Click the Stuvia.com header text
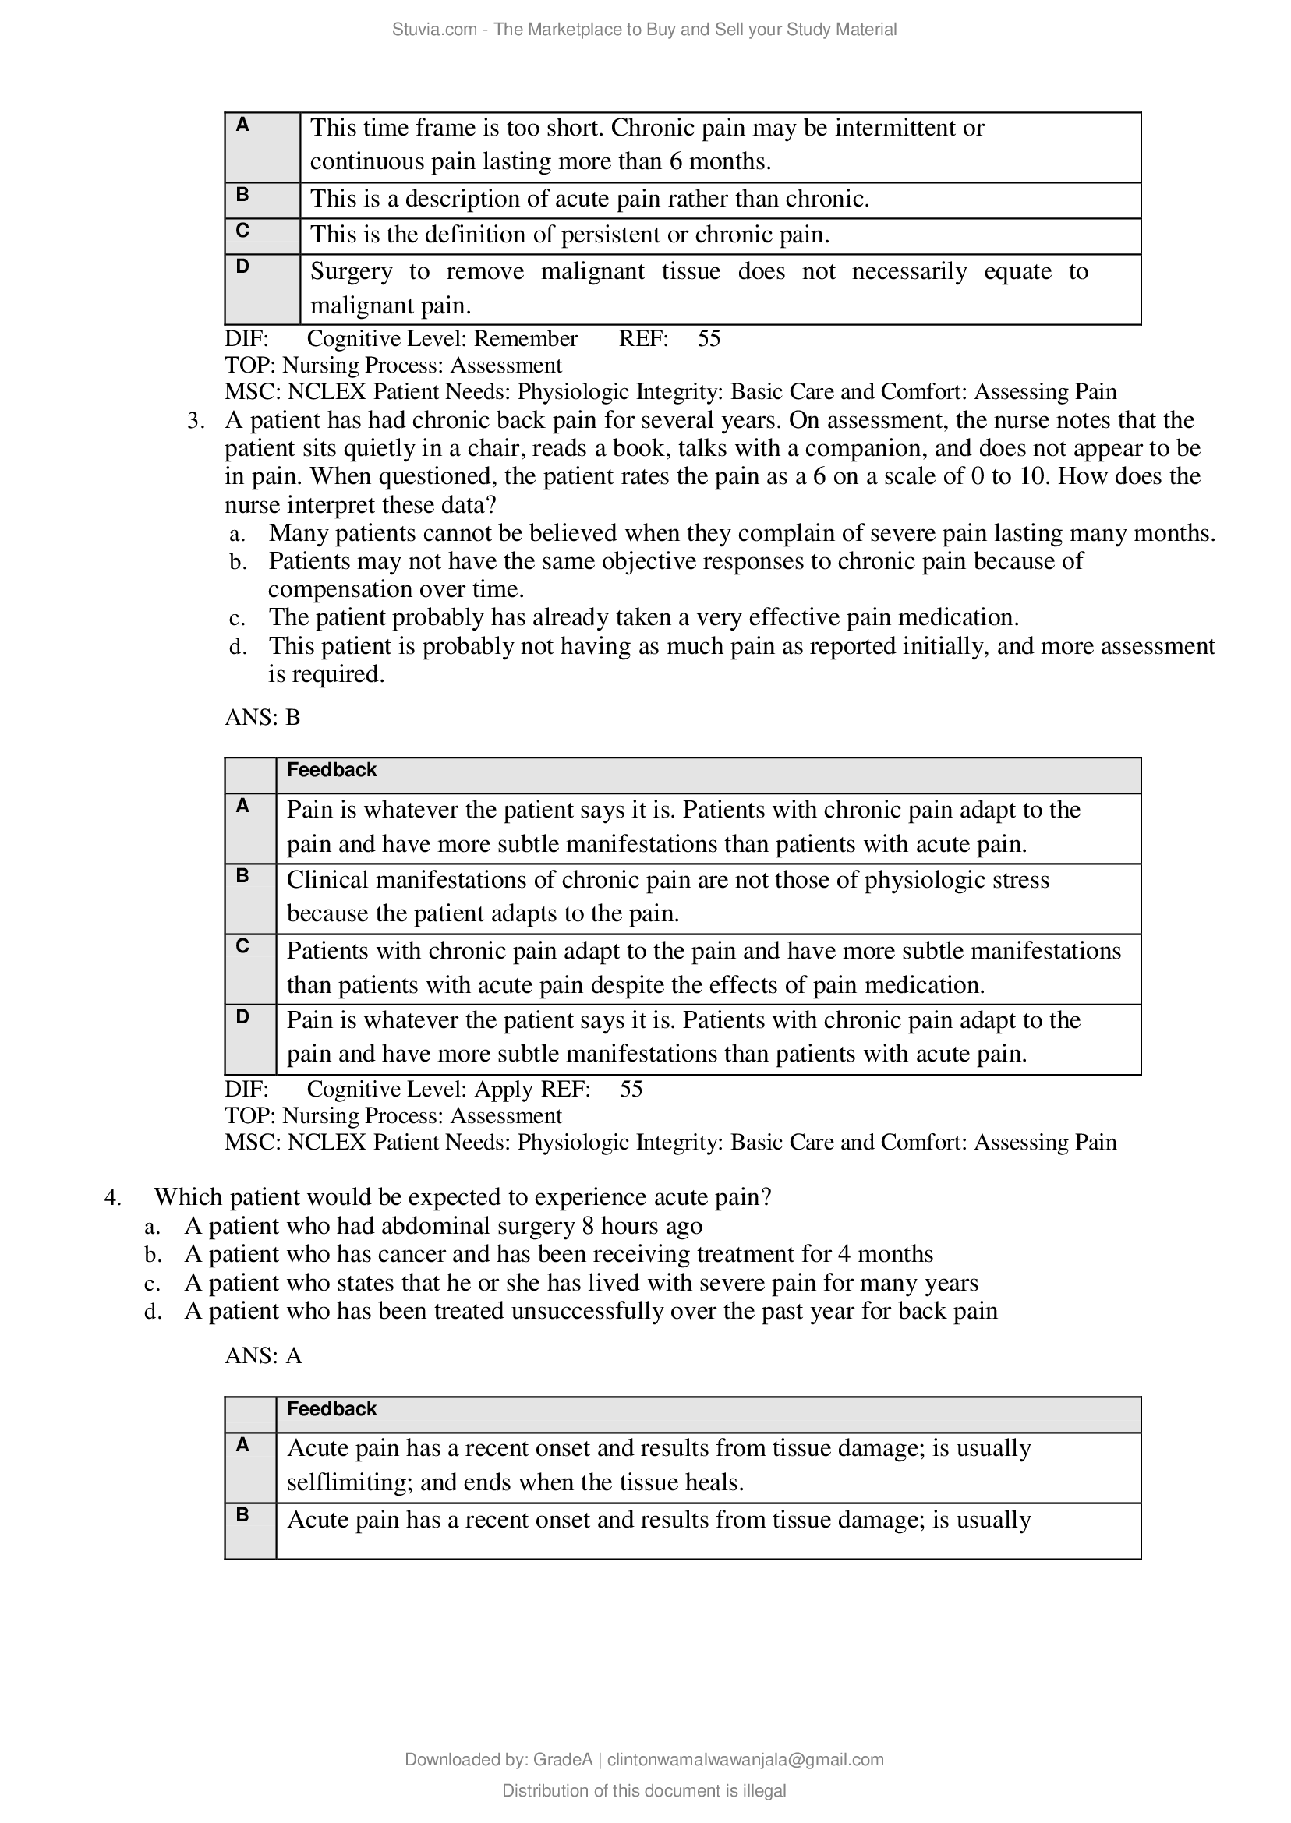[x=434, y=30]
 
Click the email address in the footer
[x=745, y=1758]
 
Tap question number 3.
[x=196, y=420]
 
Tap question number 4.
[x=112, y=1197]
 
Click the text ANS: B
[x=263, y=717]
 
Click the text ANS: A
[x=264, y=1355]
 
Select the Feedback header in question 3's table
[x=331, y=769]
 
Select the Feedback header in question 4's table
[x=331, y=1408]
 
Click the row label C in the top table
[x=242, y=231]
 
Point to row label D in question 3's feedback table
[x=242, y=1016]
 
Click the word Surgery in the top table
[x=351, y=271]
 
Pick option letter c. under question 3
[x=237, y=617]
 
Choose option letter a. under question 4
[x=153, y=1226]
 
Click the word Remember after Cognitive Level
[x=525, y=338]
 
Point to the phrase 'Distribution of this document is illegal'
[x=644, y=1790]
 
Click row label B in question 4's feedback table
[x=242, y=1514]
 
